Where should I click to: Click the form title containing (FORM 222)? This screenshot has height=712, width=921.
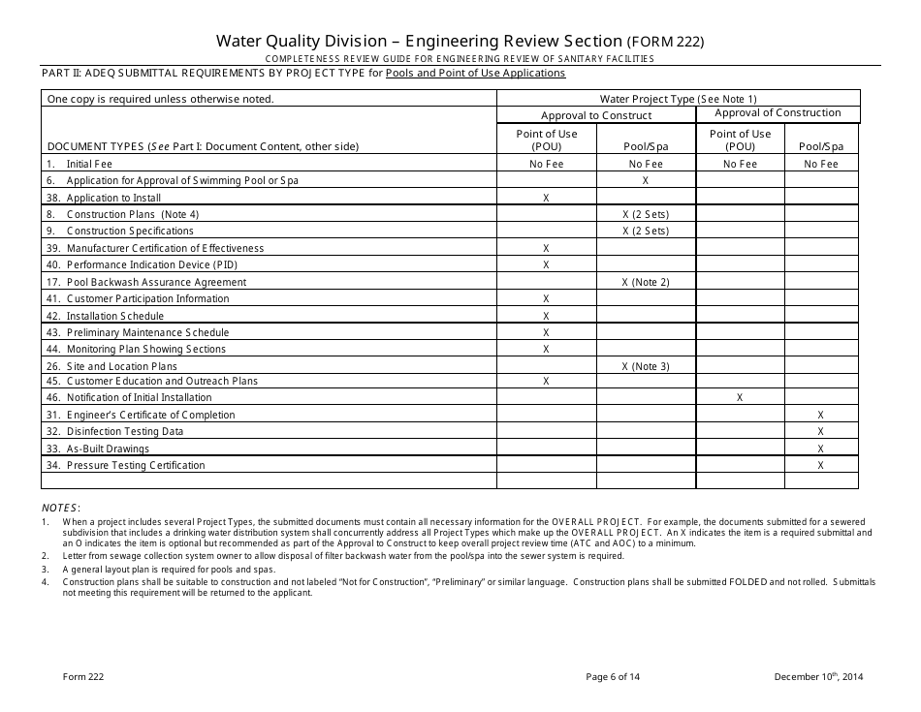click(x=460, y=41)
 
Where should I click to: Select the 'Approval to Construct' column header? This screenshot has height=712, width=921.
click(x=596, y=115)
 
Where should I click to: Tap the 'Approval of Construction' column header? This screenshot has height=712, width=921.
click(x=778, y=113)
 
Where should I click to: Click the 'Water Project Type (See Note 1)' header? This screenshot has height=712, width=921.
click(x=678, y=99)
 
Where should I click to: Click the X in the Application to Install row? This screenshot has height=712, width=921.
click(x=547, y=198)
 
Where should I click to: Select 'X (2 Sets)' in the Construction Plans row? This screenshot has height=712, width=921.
click(x=645, y=214)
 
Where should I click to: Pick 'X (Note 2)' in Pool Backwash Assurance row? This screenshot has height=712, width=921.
click(x=645, y=282)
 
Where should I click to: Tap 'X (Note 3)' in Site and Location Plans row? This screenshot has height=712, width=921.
click(x=645, y=366)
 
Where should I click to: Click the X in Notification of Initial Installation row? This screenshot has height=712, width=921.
click(x=740, y=397)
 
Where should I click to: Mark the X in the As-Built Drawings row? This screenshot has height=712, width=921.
click(x=820, y=449)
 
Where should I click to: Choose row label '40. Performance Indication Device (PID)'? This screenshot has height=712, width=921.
click(x=142, y=264)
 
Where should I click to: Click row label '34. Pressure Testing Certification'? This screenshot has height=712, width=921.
click(x=126, y=465)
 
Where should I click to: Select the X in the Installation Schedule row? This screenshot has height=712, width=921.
click(x=547, y=316)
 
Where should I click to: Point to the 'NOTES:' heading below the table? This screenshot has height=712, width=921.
click(x=61, y=508)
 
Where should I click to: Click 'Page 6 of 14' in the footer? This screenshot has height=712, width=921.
click(x=613, y=677)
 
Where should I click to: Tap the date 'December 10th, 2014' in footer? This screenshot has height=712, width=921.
click(x=818, y=677)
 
